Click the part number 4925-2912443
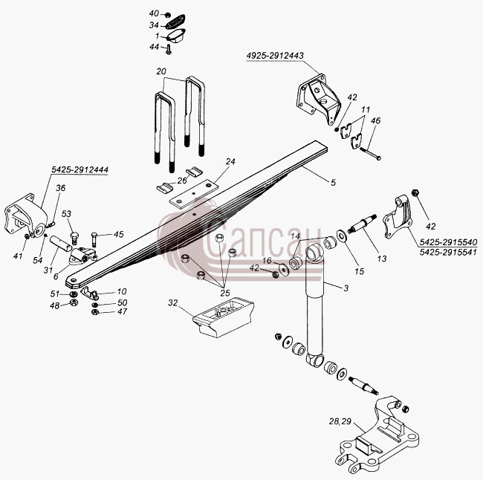click(275, 56)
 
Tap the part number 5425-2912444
click(80, 169)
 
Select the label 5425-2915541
click(448, 252)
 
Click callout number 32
click(173, 303)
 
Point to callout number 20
click(161, 71)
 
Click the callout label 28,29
click(340, 421)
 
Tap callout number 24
click(230, 161)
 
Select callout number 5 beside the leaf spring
click(333, 182)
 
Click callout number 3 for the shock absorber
click(346, 288)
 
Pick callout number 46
click(375, 121)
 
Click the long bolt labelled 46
click(370, 153)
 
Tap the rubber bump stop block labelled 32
click(224, 317)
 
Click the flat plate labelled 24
click(194, 194)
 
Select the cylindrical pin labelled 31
click(61, 244)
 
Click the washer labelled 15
click(342, 236)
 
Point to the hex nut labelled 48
click(74, 303)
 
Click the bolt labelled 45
click(94, 240)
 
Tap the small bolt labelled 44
click(168, 50)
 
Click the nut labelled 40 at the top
click(168, 15)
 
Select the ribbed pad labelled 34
click(175, 22)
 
